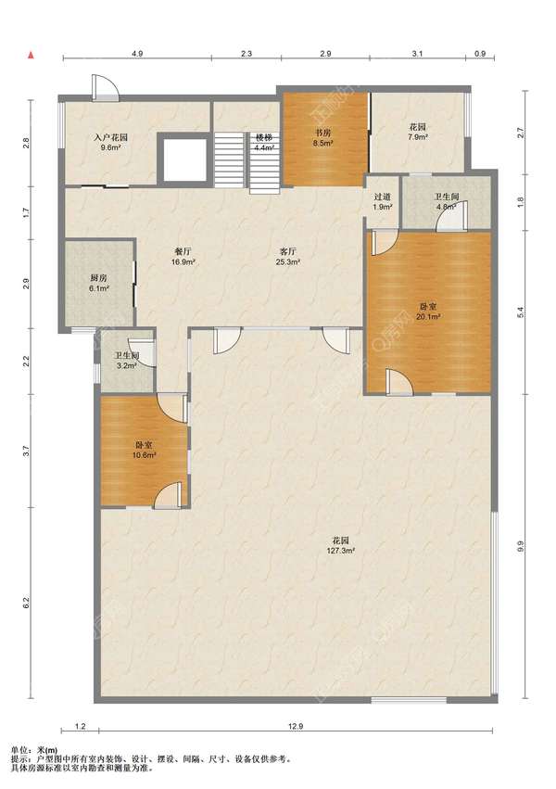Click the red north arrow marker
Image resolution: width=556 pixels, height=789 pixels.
point(31,55)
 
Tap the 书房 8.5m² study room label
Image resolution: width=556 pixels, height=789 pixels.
point(322,138)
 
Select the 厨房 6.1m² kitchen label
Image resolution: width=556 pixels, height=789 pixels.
point(99,283)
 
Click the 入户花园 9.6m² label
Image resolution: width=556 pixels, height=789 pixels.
point(110,142)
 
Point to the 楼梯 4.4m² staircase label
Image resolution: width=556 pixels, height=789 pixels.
point(264,143)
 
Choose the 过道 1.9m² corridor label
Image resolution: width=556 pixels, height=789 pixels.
point(383,201)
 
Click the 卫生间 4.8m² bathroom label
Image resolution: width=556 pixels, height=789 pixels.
point(447,201)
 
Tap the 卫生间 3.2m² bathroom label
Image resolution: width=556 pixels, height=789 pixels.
point(126,361)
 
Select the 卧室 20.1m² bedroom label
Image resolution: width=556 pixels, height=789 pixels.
point(428,311)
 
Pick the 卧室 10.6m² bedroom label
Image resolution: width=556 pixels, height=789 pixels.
point(144,451)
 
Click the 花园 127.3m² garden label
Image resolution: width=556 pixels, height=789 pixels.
point(341,545)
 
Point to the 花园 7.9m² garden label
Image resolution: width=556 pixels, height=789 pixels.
point(417,132)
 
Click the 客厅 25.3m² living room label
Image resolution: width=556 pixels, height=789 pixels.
point(287,256)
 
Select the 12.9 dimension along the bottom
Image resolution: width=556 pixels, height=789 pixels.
point(297,726)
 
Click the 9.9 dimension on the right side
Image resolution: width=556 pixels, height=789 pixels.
point(520,546)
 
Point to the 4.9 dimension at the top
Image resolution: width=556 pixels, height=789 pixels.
point(137,54)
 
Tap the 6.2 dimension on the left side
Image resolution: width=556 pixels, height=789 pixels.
point(26,603)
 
